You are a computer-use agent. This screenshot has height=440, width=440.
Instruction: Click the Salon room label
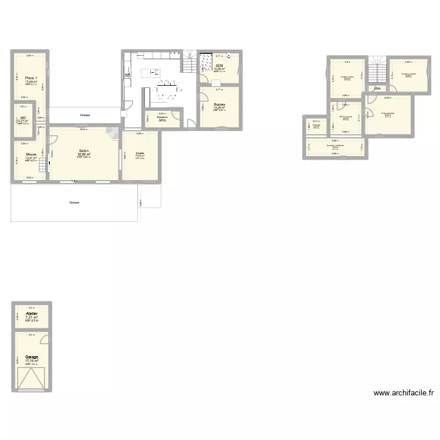[84, 151]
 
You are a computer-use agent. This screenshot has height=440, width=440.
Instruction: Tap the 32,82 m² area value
[84, 154]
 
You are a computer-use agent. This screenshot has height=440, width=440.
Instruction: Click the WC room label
[23, 117]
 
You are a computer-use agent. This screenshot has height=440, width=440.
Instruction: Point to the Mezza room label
[31, 154]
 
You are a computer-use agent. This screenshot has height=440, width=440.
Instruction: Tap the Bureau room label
[219, 104]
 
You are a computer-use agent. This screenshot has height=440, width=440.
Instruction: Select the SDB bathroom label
[219, 66]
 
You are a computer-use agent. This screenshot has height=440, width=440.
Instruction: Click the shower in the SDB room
[206, 62]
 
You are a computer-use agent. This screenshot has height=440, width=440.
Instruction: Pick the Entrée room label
[140, 153]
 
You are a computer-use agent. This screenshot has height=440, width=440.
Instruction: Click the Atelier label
[32, 314]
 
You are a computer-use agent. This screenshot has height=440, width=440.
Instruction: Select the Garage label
[32, 357]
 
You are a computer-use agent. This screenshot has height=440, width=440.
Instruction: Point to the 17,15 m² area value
[32, 360]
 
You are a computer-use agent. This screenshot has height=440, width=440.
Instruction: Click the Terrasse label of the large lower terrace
[74, 202]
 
